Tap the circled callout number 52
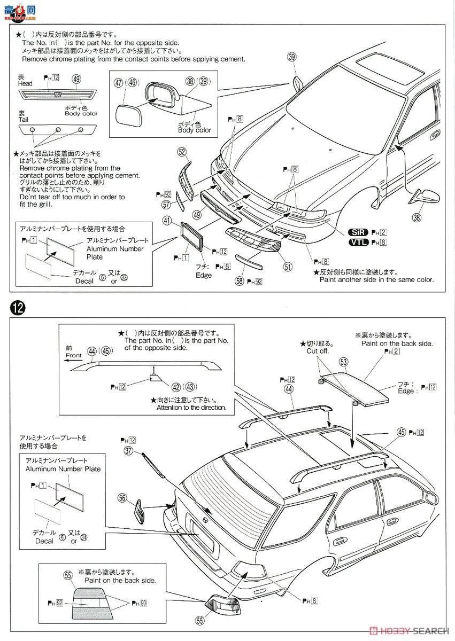point(183,152)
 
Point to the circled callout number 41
point(167,220)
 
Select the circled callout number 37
point(128,451)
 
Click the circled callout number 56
point(123,498)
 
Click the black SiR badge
point(357,232)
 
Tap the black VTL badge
point(357,242)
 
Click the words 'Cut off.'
point(318,351)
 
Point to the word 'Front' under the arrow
point(74,355)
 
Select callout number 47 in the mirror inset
point(118,83)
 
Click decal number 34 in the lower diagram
point(83,537)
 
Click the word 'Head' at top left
point(25,83)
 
